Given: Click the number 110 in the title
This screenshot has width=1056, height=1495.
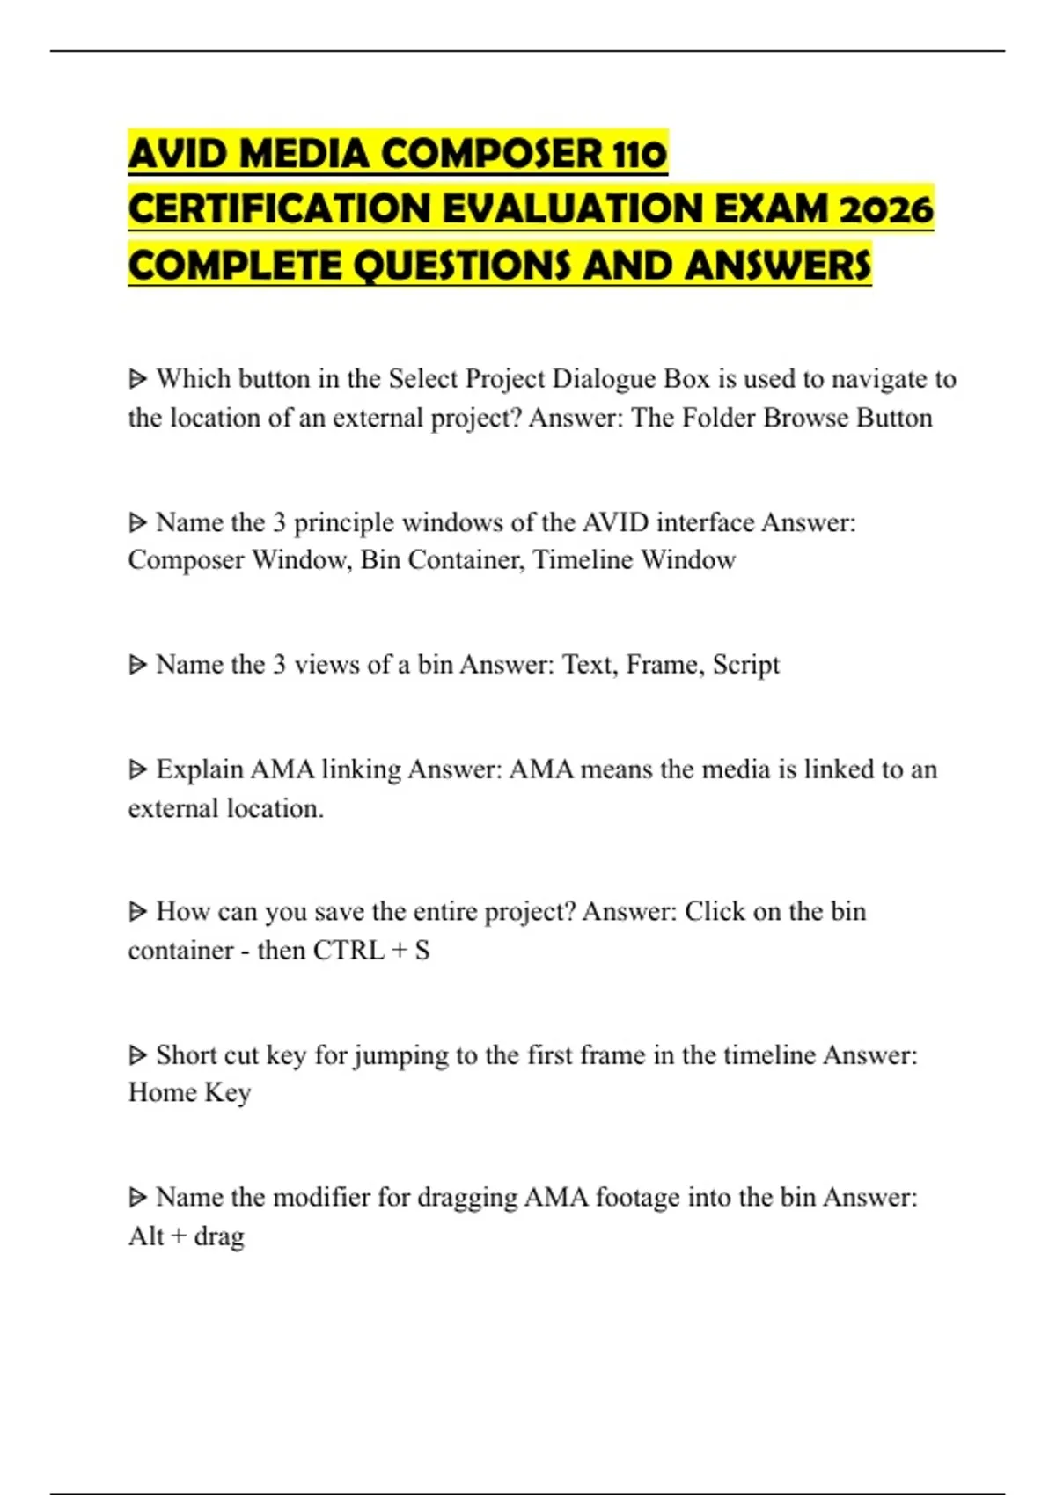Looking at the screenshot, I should [x=639, y=154].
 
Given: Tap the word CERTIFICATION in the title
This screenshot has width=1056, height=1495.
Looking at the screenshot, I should [x=279, y=209].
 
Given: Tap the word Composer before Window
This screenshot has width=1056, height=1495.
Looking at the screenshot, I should [x=186, y=560].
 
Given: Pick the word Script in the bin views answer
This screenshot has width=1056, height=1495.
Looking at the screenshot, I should [x=746, y=665].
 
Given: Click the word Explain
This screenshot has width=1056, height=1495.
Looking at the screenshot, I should [x=200, y=769].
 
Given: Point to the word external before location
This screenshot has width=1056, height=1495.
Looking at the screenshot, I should [x=172, y=808].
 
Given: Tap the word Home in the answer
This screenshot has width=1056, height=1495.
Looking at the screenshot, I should [x=162, y=1092].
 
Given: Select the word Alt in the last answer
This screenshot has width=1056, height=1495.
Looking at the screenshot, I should [x=146, y=1236].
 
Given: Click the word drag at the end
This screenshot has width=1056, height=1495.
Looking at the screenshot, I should [x=218, y=1236].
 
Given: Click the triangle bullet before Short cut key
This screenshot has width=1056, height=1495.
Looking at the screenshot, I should [x=137, y=1054].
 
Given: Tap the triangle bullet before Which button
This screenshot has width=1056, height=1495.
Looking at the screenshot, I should [x=137, y=379].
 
